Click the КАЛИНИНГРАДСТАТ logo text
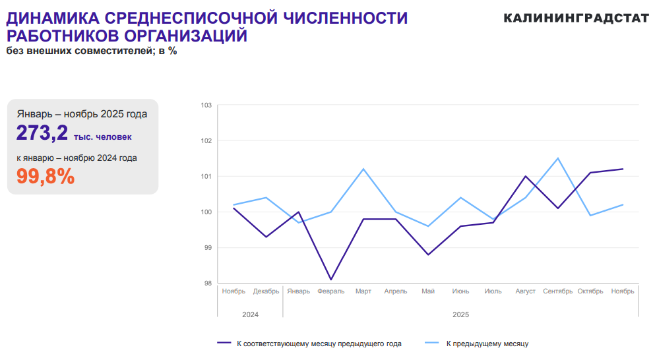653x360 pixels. coord(576,18)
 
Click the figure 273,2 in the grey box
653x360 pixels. coord(42,133)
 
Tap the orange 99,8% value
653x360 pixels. coord(46,176)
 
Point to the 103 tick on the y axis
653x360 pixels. coord(206,105)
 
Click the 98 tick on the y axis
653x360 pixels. coord(207,284)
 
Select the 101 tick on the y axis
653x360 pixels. coord(206,177)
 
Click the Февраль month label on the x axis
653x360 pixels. coord(330,291)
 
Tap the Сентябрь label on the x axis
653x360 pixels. coord(557,291)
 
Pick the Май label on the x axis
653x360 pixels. coord(428,291)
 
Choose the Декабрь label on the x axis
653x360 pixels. coord(266,291)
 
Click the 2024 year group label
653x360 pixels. coord(250,315)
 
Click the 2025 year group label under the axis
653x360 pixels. coord(460,315)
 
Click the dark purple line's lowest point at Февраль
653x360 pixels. coord(331,280)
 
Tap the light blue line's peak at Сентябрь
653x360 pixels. coord(558,158)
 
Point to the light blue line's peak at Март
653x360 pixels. coord(363,169)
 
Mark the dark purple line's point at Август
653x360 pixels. coord(526,176)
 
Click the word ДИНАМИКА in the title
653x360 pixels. coord(51,18)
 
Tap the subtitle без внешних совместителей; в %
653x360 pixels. coord(92,51)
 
